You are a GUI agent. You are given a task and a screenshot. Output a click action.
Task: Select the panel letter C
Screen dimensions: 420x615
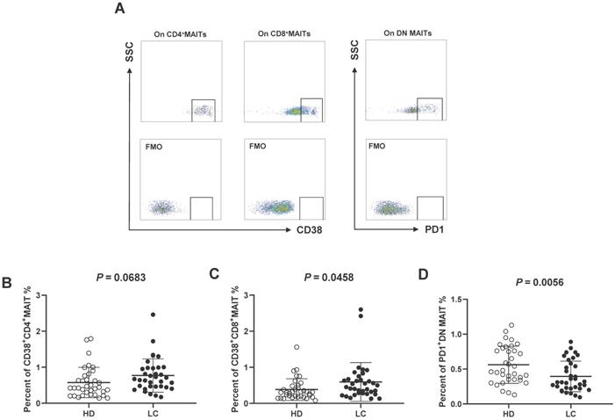coord(216,274)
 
